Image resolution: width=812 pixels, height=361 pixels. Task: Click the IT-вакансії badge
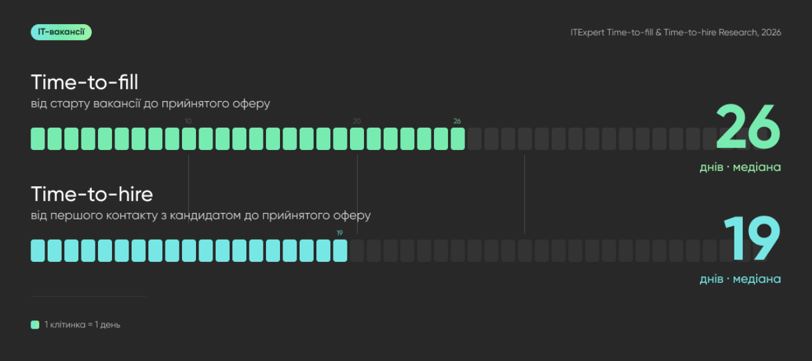(x=61, y=32)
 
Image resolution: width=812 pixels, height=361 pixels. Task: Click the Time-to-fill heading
(x=85, y=82)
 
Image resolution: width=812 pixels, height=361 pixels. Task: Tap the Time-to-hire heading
(x=92, y=194)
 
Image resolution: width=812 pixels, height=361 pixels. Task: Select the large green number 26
(x=748, y=126)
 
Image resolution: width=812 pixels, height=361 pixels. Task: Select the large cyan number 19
(x=752, y=238)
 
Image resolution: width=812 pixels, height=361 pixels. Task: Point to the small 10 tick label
(x=188, y=121)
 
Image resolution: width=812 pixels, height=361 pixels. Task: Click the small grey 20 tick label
(x=357, y=121)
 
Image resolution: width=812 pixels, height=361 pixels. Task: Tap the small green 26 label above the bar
(x=457, y=121)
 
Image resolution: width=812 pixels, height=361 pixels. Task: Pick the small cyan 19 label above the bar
(x=340, y=233)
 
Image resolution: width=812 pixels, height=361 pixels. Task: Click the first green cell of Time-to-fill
(x=38, y=139)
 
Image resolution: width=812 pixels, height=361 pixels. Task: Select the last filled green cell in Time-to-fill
(x=458, y=139)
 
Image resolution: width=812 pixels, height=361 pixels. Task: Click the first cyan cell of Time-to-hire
(x=38, y=250)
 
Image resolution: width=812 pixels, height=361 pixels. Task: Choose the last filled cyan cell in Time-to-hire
(x=340, y=250)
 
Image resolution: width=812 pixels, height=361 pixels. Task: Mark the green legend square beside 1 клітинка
(x=35, y=325)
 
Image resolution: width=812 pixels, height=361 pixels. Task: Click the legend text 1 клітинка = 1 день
(x=82, y=325)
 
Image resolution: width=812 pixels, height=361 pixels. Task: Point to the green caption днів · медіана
(x=740, y=167)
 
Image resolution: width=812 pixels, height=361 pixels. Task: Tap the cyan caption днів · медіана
(x=740, y=279)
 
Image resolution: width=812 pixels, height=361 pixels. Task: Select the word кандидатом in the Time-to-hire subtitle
(x=205, y=216)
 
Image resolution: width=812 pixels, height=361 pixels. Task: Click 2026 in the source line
(x=771, y=32)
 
